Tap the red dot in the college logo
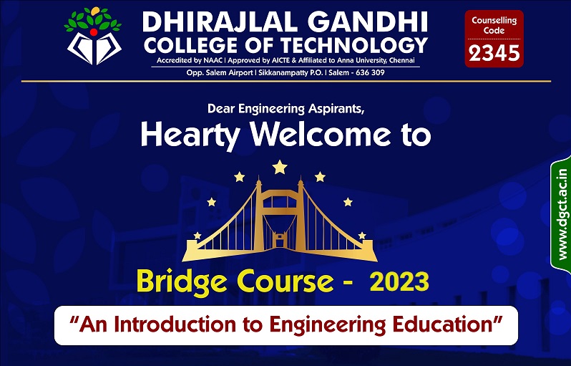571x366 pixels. click(94, 32)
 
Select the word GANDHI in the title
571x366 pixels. click(369, 23)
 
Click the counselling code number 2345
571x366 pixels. click(494, 54)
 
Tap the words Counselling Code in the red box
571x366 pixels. click(494, 26)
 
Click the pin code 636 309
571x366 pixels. click(370, 72)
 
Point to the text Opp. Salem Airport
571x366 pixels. click(219, 73)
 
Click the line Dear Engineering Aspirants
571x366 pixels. click(286, 109)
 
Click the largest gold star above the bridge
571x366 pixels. click(280, 168)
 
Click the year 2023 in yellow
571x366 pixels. click(399, 282)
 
